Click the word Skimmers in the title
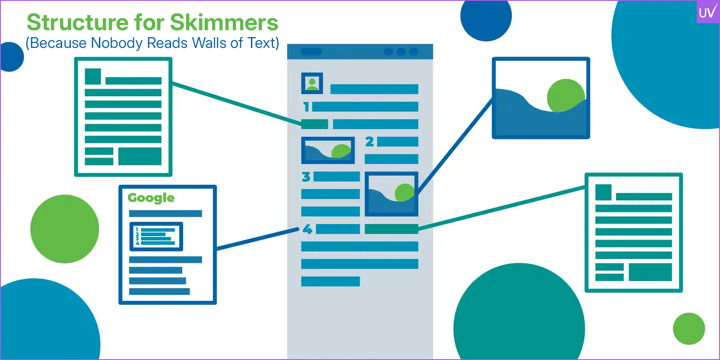tap(224, 22)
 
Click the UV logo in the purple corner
tap(707, 12)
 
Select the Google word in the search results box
tap(151, 198)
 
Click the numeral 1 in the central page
tap(306, 107)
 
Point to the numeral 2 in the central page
tap(369, 142)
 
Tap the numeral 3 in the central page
tap(306, 177)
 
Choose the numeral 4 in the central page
tap(307, 229)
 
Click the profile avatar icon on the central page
tap(312, 83)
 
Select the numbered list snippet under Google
tap(156, 237)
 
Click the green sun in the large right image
tap(565, 95)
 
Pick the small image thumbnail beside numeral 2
tap(328, 150)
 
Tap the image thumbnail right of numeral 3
tap(391, 194)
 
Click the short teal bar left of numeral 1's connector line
tap(314, 124)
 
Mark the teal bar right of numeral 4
tap(391, 229)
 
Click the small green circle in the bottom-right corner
tap(688, 328)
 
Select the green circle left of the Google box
tap(65, 229)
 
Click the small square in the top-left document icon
tap(93, 76)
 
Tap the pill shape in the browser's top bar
tap(311, 52)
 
